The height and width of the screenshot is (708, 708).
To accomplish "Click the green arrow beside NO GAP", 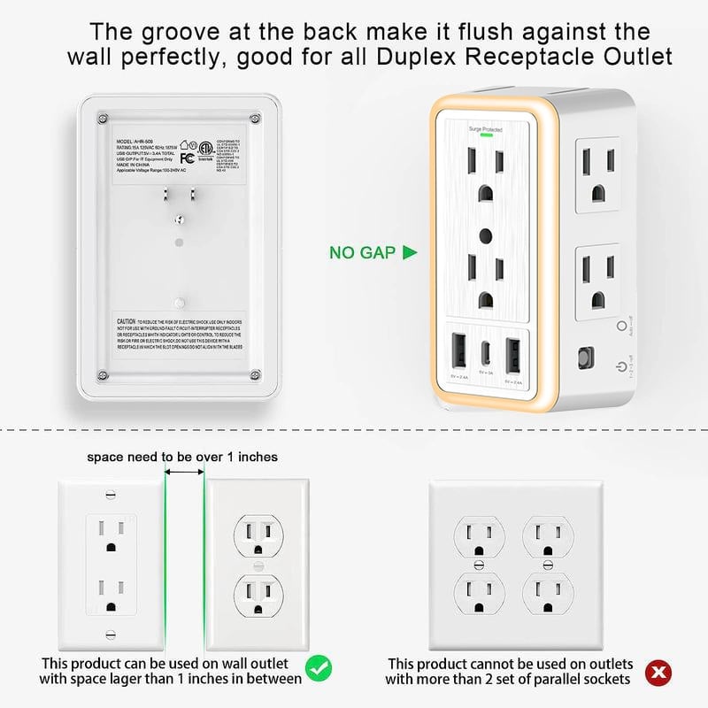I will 409,253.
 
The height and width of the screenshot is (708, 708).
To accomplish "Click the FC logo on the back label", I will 186,159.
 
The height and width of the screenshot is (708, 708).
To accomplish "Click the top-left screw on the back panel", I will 104,117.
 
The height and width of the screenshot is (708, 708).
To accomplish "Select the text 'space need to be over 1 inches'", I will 182,457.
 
